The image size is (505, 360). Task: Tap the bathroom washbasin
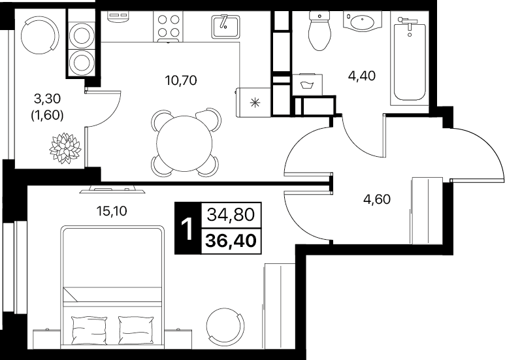pyautogui.click(x=363, y=23)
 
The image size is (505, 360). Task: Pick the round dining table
pyautogui.click(x=184, y=143)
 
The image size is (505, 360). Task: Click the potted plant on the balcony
pyautogui.click(x=65, y=148)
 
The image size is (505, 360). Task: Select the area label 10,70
pyautogui.click(x=181, y=80)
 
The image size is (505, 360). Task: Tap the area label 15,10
pyautogui.click(x=112, y=211)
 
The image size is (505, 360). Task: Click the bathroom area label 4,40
pyautogui.click(x=362, y=76)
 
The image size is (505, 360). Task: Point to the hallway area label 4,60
pyautogui.click(x=377, y=199)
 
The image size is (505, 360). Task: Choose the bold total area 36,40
pyautogui.click(x=231, y=240)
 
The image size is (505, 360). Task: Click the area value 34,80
pyautogui.click(x=231, y=214)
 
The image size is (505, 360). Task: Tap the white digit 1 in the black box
pyautogui.click(x=187, y=229)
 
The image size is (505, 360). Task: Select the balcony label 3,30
pyautogui.click(x=47, y=99)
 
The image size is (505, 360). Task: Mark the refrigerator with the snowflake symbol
pyautogui.click(x=253, y=103)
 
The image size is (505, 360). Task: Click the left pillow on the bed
pyautogui.click(x=90, y=330)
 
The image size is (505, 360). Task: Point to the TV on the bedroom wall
pyautogui.click(x=112, y=189)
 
